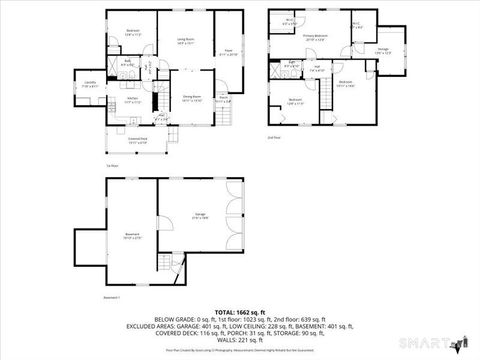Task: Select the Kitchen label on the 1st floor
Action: pyautogui.click(x=131, y=100)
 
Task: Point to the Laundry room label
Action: pyautogui.click(x=89, y=83)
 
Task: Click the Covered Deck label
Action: pyautogui.click(x=137, y=140)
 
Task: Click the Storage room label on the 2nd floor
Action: pyautogui.click(x=383, y=50)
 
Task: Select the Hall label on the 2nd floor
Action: pyautogui.click(x=316, y=68)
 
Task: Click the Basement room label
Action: pyautogui.click(x=130, y=236)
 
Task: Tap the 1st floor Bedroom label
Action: pyautogui.click(x=133, y=32)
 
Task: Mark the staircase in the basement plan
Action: pyautogui.click(x=166, y=263)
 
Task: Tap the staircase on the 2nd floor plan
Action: pyautogui.click(x=326, y=93)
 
